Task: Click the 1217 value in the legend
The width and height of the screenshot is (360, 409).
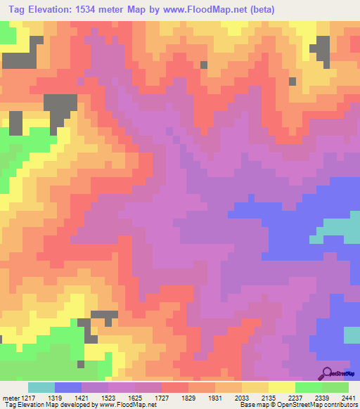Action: (28, 397)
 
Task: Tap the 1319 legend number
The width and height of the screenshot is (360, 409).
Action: (63, 397)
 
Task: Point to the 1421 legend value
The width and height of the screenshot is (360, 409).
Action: (99, 397)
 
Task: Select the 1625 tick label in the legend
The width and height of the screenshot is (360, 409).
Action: (171, 397)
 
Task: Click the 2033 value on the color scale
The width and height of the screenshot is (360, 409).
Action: (278, 397)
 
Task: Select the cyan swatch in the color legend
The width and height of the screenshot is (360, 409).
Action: (41, 387)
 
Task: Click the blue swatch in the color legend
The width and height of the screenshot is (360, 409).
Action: (68, 387)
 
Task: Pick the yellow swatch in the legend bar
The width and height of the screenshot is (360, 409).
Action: (281, 387)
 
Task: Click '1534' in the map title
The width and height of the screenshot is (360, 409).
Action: (88, 10)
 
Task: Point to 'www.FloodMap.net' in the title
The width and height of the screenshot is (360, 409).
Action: (193, 10)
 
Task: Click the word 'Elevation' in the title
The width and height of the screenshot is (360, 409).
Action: (49, 10)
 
